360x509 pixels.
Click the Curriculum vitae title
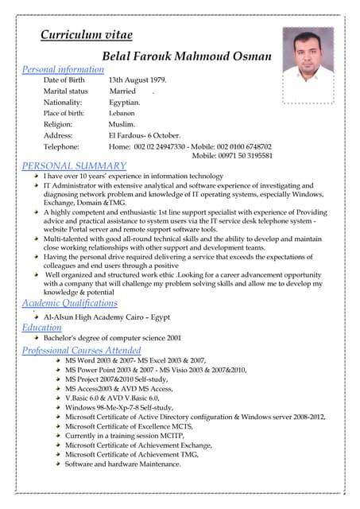coord(86,35)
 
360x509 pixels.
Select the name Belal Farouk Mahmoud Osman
coord(187,56)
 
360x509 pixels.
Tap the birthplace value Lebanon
coord(122,114)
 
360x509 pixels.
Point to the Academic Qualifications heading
coord(69,303)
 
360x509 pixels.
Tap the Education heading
coord(41,327)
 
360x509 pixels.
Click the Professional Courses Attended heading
coord(81,350)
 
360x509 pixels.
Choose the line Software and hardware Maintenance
coord(122,464)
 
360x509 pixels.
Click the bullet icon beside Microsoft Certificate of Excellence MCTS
coord(58,426)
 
